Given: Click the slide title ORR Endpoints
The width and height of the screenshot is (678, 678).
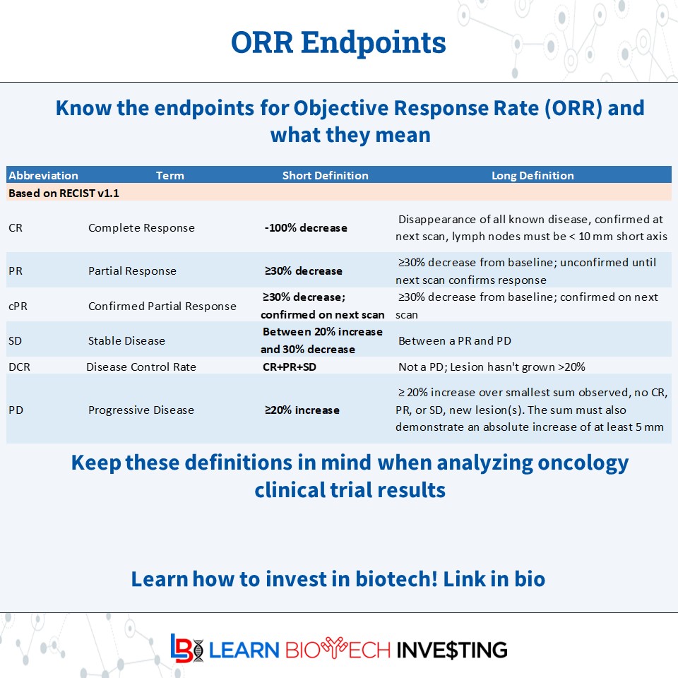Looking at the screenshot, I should click(x=338, y=42).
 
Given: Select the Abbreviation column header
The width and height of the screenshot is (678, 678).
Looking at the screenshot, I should click(x=43, y=175).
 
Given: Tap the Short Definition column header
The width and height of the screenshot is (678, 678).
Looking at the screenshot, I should click(x=325, y=175).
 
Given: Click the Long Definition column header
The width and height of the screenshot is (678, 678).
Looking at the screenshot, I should click(x=533, y=175).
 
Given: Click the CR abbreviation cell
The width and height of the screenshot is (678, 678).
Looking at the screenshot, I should click(x=15, y=228).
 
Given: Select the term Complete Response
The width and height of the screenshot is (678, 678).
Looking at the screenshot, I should click(x=141, y=228).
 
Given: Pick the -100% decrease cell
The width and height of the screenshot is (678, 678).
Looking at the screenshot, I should click(x=305, y=228).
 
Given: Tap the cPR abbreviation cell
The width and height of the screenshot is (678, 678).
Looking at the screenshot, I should click(x=18, y=306).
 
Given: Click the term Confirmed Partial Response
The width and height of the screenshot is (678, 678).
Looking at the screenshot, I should click(x=162, y=306).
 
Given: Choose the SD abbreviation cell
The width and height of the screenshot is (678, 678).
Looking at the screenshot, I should click(x=16, y=340).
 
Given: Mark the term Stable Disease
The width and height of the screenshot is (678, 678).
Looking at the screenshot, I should click(x=126, y=340).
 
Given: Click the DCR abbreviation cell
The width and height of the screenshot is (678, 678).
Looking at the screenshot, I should click(x=18, y=367).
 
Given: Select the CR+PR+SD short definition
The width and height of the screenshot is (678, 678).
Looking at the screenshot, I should click(x=290, y=367).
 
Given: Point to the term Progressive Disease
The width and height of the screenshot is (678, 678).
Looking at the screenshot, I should click(x=141, y=410).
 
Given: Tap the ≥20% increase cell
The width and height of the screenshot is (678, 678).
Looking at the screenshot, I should click(x=302, y=410).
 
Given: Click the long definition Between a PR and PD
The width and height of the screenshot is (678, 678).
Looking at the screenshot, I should click(x=454, y=340).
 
